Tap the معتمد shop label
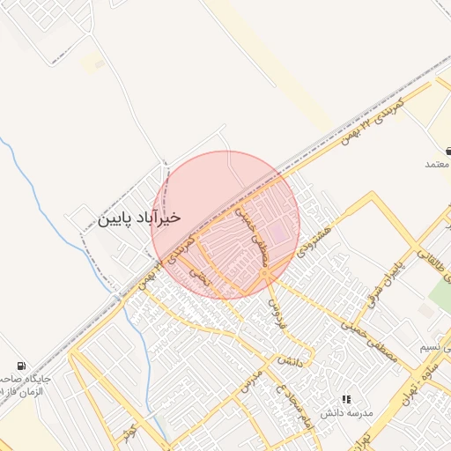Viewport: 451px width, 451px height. point(438,165)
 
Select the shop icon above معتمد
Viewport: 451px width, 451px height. point(448,152)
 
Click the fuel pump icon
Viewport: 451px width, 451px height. point(21,366)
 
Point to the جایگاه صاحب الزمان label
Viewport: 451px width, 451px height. point(26,384)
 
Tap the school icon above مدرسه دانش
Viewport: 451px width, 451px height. point(346,399)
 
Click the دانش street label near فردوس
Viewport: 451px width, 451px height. point(290,361)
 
